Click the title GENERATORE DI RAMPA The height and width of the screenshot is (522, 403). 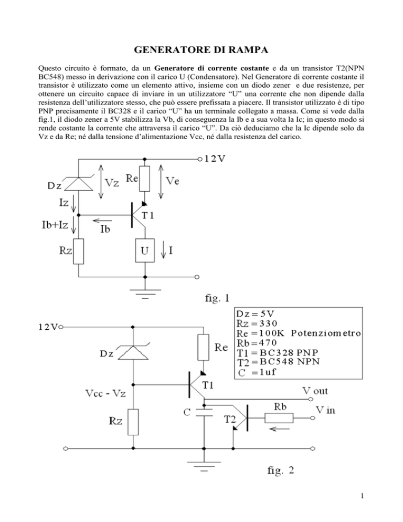201,51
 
